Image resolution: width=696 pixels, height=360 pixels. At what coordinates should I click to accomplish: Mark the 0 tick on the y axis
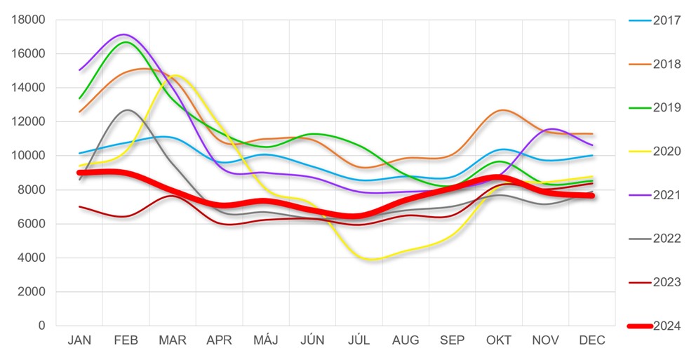coord(41,326)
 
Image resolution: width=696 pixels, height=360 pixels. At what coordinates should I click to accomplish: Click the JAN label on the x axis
coord(79,340)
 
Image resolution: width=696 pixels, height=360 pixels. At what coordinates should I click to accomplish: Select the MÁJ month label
coord(265,340)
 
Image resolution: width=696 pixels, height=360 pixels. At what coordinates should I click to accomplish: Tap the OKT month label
coord(499,340)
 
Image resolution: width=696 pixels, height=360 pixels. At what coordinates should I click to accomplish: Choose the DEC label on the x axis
coord(592,340)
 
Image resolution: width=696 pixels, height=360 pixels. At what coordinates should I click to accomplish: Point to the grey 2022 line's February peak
coord(127,110)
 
